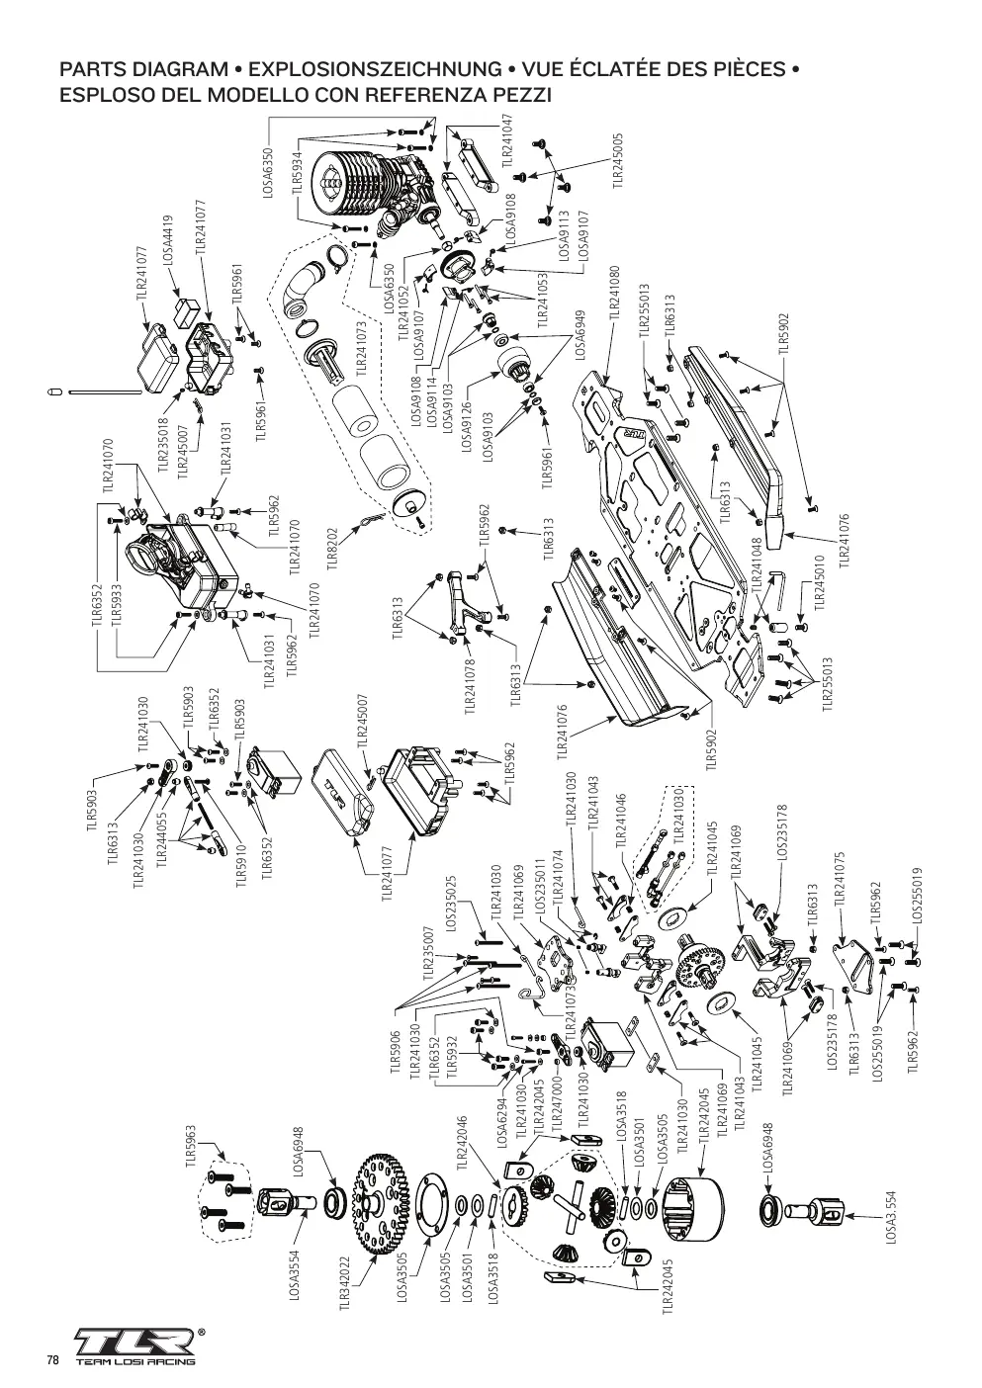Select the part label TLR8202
[x=333, y=549]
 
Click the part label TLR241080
[x=614, y=293]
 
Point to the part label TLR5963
[x=191, y=1147]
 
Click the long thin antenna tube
[x=107, y=391]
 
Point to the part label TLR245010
[x=820, y=581]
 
